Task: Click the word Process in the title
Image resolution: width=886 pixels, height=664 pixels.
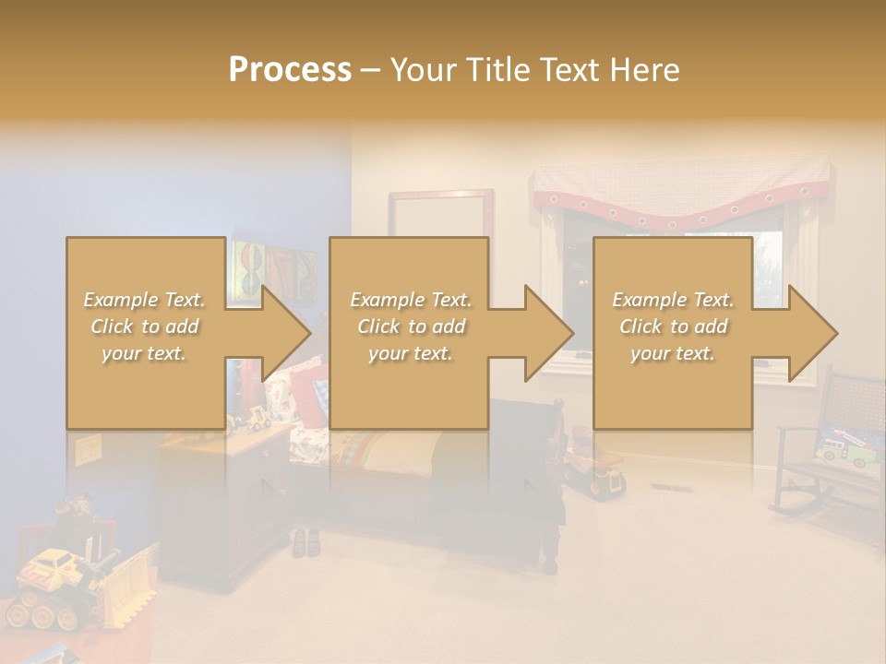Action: tap(290, 70)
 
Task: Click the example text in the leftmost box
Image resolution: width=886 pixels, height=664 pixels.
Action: tap(144, 326)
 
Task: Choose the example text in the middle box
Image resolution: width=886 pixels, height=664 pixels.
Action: tap(411, 326)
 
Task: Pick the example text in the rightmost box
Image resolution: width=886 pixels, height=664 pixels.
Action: tap(673, 326)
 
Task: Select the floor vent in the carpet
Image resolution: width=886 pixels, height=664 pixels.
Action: tap(667, 486)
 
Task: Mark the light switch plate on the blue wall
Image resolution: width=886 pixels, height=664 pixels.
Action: tap(88, 448)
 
